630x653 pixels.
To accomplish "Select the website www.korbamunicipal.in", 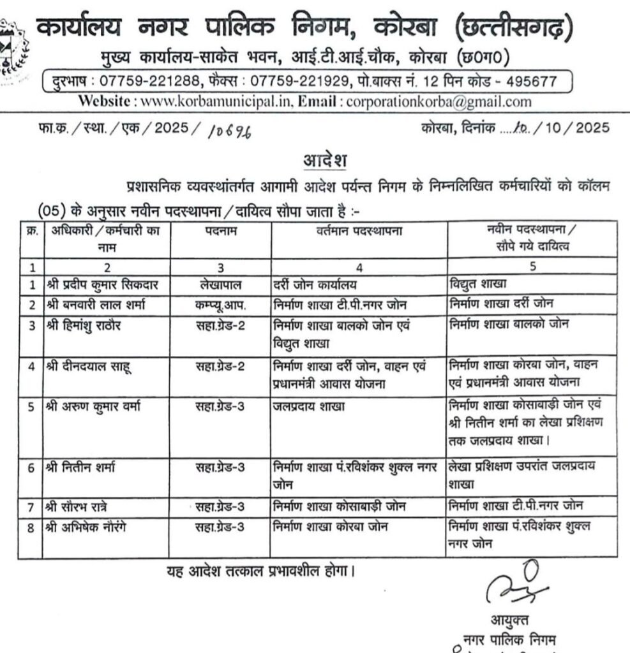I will (x=216, y=101).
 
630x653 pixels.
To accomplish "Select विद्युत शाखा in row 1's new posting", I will (x=478, y=284).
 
